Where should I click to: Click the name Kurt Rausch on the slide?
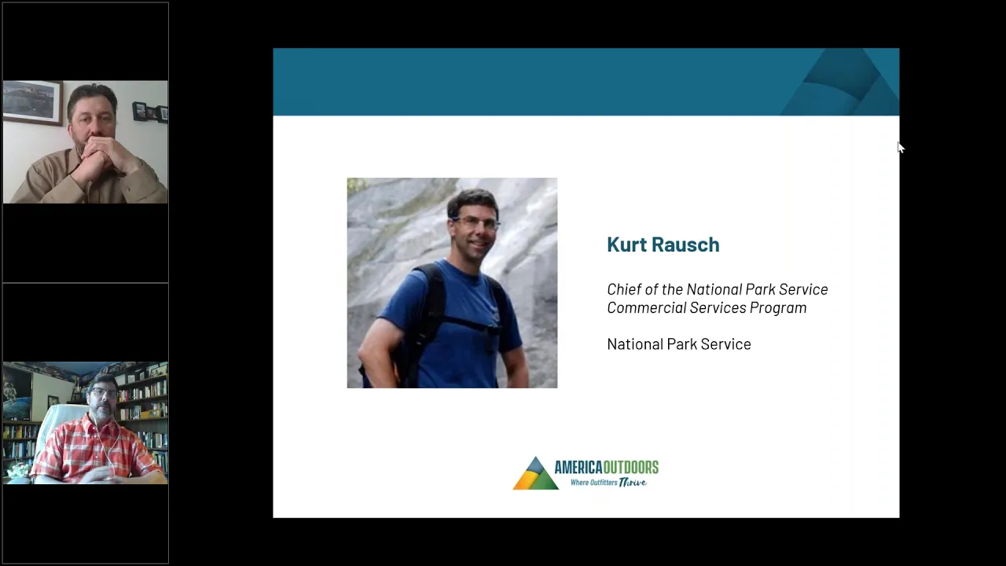pyautogui.click(x=663, y=244)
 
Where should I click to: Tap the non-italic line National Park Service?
pyautogui.click(x=678, y=344)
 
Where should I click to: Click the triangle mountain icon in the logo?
pyautogui.click(x=535, y=473)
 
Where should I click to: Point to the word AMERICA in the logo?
pyautogui.click(x=578, y=467)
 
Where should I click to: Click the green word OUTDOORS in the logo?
pyautogui.click(x=630, y=467)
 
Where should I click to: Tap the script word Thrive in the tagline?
pyautogui.click(x=633, y=483)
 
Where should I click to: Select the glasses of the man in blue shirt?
pyautogui.click(x=476, y=222)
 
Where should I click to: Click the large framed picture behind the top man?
pyautogui.click(x=32, y=103)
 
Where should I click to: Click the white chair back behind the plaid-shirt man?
pyautogui.click(x=58, y=427)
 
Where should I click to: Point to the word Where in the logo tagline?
pyautogui.click(x=579, y=483)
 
